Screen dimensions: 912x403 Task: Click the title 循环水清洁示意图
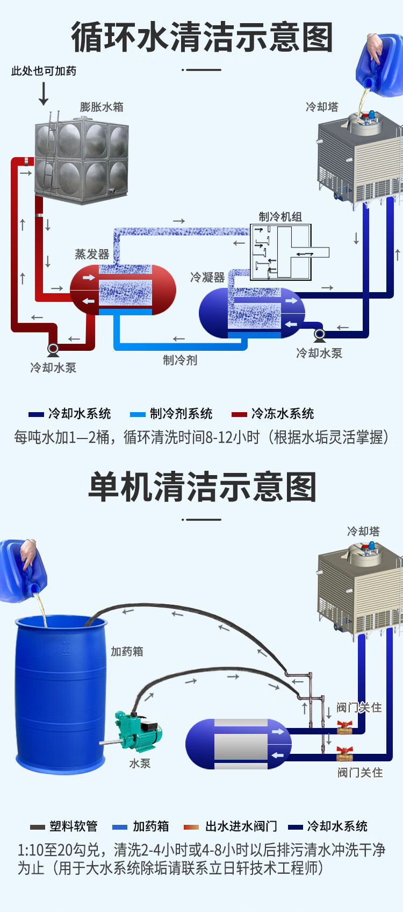point(202,38)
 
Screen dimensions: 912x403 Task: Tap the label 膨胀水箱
point(102,107)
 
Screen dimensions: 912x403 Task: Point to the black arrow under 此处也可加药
point(44,94)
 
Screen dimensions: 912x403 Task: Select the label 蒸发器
point(92,254)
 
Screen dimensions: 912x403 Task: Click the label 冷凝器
point(207,278)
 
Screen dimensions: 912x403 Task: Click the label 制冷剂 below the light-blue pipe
point(180,360)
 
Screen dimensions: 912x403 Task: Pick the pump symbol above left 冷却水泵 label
point(53,349)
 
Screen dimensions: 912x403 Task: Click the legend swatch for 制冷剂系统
point(138,414)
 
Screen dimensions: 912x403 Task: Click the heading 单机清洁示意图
point(202,487)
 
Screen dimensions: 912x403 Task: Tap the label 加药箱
point(127,652)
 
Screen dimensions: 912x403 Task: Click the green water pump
point(138,732)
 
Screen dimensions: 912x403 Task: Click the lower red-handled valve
point(344,753)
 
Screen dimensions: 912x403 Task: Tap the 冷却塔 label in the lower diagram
point(363,532)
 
